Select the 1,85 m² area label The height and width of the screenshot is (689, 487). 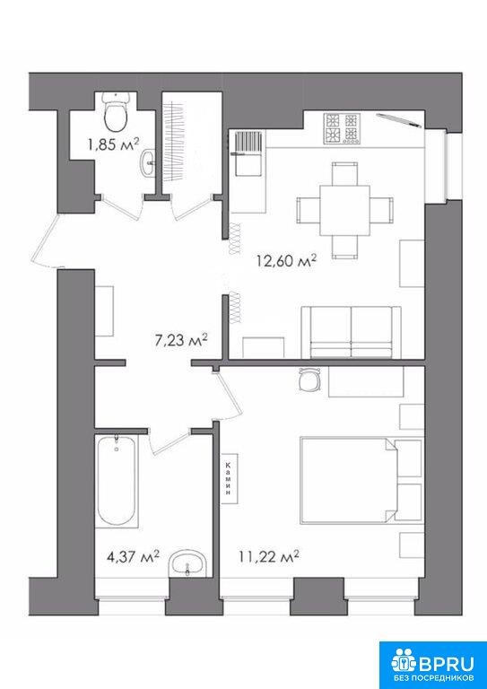point(114,144)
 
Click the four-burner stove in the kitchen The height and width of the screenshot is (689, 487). point(341,128)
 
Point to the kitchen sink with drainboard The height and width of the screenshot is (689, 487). point(248,153)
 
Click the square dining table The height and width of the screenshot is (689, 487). point(344,211)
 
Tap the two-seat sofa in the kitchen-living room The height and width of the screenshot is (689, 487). point(351,332)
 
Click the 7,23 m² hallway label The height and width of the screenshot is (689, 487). point(181,340)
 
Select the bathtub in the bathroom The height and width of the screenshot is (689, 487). point(117,480)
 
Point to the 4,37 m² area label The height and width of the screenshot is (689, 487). point(133,557)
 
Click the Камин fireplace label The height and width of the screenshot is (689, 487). point(229,478)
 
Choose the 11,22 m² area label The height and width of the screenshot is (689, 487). point(269,557)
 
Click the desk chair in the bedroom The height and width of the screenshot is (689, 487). point(309,379)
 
